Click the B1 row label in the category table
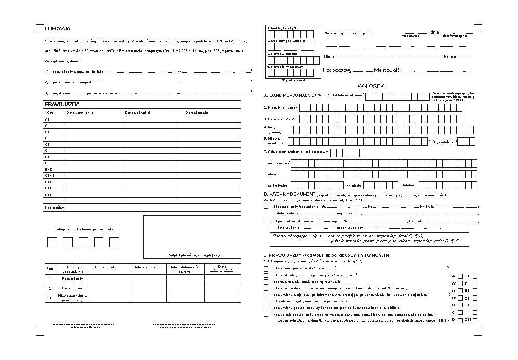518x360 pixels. click(x=47, y=132)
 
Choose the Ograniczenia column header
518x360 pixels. click(x=196, y=112)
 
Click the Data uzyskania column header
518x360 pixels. click(x=79, y=112)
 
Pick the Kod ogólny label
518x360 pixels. click(x=54, y=207)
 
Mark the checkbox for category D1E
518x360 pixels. click(x=474, y=320)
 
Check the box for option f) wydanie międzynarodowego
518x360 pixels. click(x=266, y=301)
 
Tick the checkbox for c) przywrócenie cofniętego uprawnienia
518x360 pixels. click(x=266, y=281)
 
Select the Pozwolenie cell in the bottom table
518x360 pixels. click(x=72, y=288)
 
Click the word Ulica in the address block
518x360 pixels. click(x=328, y=56)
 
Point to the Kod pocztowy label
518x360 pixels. click(x=337, y=69)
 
